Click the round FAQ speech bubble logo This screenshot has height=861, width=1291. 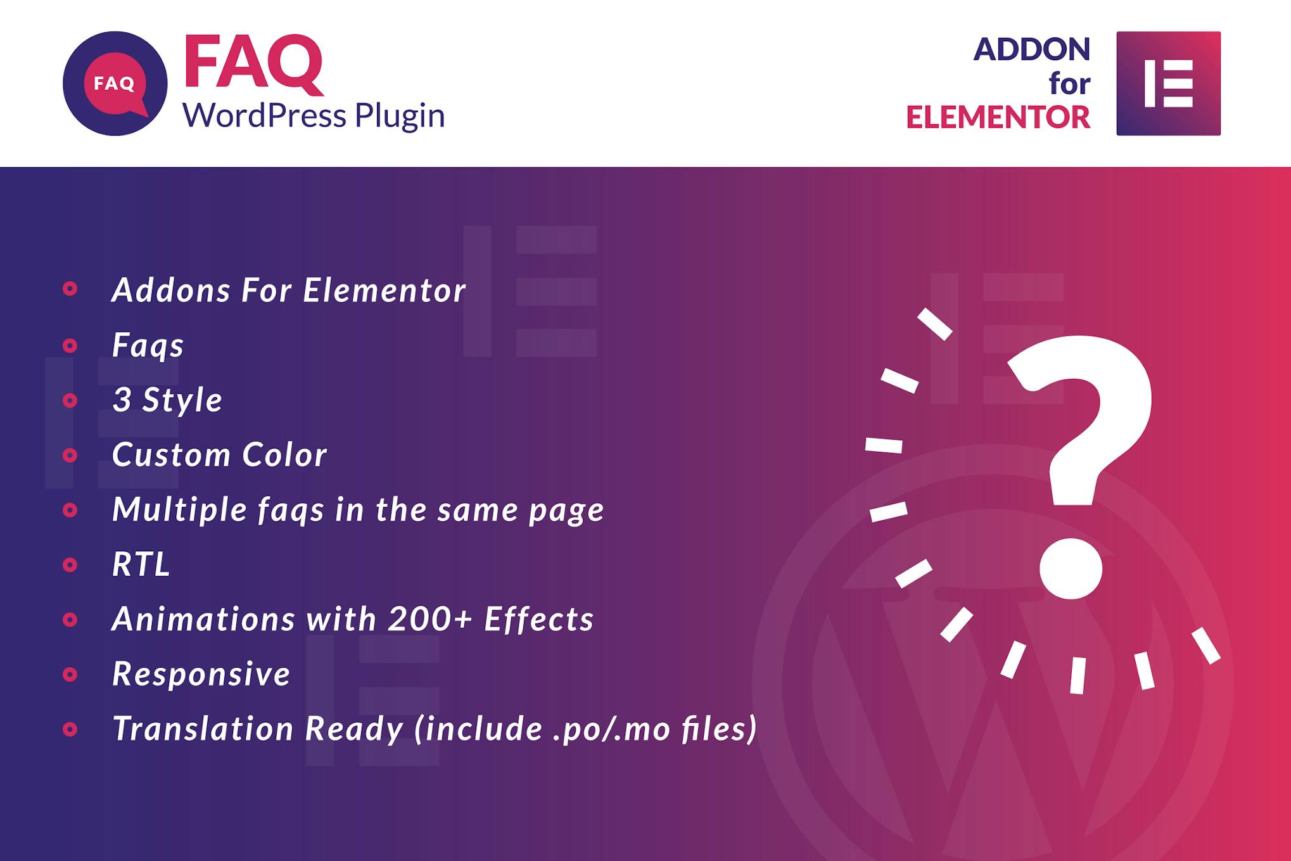(x=115, y=83)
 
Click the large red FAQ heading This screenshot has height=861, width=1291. (x=253, y=63)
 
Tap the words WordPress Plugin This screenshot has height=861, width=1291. (x=314, y=116)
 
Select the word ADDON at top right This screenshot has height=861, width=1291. (x=1032, y=49)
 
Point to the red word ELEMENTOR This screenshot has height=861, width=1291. (x=998, y=117)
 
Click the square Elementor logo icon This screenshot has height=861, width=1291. (x=1168, y=83)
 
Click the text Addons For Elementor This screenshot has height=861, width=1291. (x=289, y=290)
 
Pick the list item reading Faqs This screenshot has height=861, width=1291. (x=148, y=346)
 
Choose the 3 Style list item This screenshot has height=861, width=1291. (x=167, y=400)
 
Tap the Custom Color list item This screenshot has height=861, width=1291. (x=219, y=455)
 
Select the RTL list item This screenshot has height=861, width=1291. (x=141, y=564)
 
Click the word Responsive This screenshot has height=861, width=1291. (x=201, y=674)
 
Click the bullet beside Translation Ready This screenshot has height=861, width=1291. (x=70, y=729)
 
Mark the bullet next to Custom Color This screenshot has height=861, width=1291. (x=70, y=455)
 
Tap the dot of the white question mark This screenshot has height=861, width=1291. (x=1071, y=568)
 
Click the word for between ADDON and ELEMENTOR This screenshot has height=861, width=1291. (x=1069, y=83)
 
